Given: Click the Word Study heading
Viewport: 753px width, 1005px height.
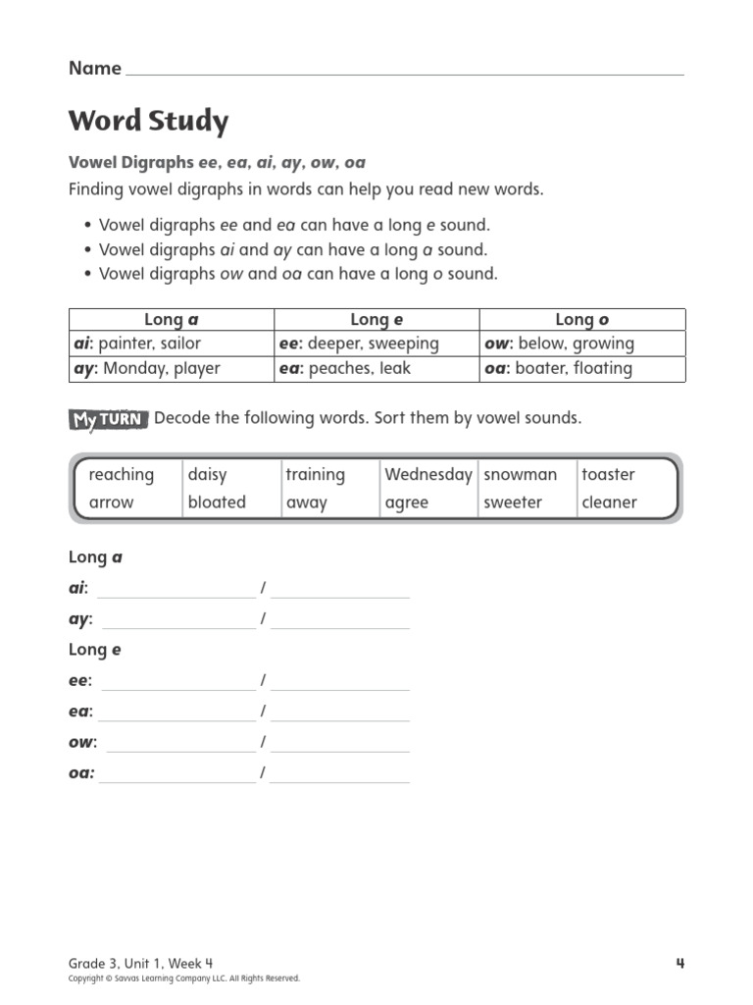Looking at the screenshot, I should click(x=148, y=122).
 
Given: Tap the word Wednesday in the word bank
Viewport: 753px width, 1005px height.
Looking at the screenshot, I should click(x=428, y=475).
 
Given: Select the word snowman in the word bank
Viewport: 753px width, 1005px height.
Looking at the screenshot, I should click(x=520, y=475).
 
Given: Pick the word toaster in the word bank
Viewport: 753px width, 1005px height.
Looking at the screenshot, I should click(x=608, y=475).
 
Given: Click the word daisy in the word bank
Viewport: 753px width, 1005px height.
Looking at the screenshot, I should click(x=207, y=475).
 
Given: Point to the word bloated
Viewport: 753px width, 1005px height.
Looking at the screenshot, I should click(x=217, y=502).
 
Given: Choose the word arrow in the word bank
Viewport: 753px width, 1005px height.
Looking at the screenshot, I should click(x=111, y=502).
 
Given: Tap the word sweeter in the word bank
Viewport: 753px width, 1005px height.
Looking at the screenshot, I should click(x=513, y=502).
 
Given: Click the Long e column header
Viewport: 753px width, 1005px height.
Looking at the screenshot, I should click(x=376, y=319).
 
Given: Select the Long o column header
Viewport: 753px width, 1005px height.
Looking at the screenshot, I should click(x=581, y=319).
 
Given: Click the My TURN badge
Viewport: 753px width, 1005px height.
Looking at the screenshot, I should click(x=108, y=420).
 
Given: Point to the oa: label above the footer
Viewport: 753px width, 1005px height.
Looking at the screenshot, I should click(x=81, y=773).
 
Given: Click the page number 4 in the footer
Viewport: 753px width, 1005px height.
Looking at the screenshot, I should click(x=679, y=963).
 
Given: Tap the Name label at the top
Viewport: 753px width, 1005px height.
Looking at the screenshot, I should click(x=95, y=69).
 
